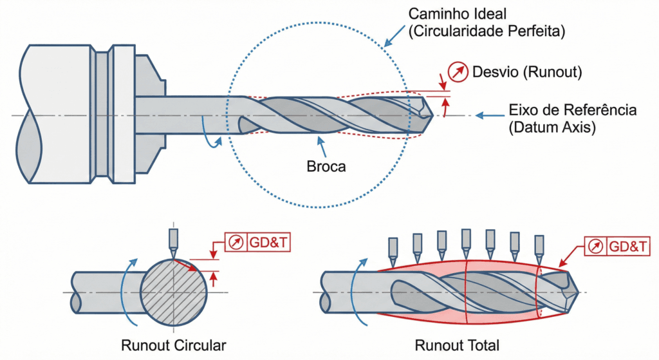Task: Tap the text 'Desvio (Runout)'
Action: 527,73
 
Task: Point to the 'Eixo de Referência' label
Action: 572,110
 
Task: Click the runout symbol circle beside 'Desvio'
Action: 458,73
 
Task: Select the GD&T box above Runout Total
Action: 617,245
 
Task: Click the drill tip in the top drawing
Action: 424,108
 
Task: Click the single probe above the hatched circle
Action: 173,240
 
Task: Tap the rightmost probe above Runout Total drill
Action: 539,245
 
